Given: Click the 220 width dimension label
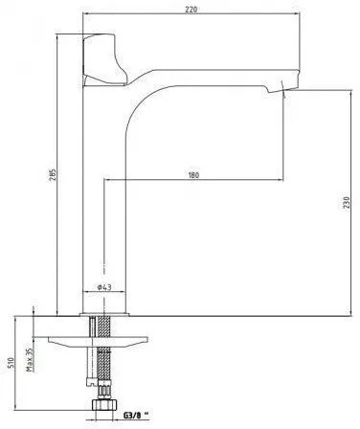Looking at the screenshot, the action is point(191,9).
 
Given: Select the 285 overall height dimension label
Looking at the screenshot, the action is point(53,174).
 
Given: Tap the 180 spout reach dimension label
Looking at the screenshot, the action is point(193,175).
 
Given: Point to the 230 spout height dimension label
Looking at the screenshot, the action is point(347,203).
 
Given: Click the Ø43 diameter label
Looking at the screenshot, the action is point(104,287).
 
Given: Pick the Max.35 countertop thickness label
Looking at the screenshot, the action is point(30,359).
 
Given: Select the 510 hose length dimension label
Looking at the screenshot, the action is point(11,363).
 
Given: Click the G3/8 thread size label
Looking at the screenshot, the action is point(136,416).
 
